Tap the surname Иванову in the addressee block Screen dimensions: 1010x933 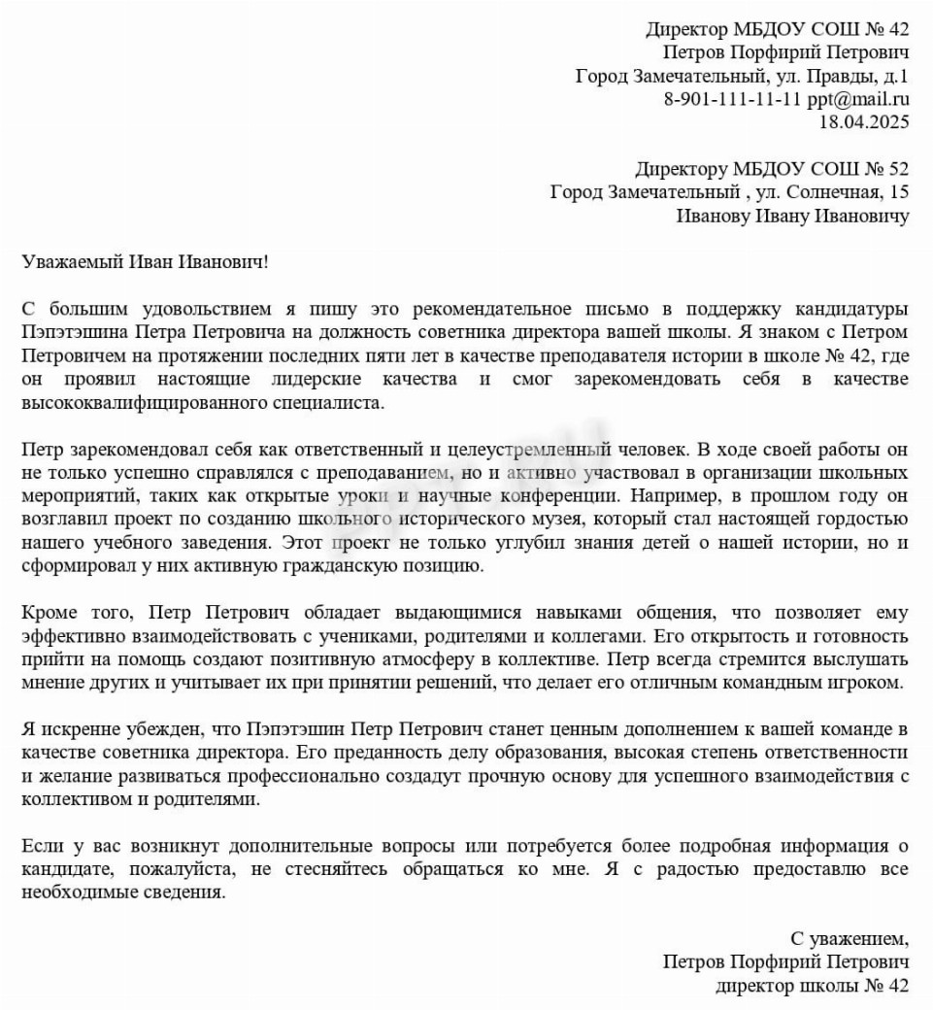pyautogui.click(x=713, y=216)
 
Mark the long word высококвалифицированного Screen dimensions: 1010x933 pyautogui.click(x=134, y=402)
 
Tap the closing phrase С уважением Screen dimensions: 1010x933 pyautogui.click(x=850, y=939)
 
